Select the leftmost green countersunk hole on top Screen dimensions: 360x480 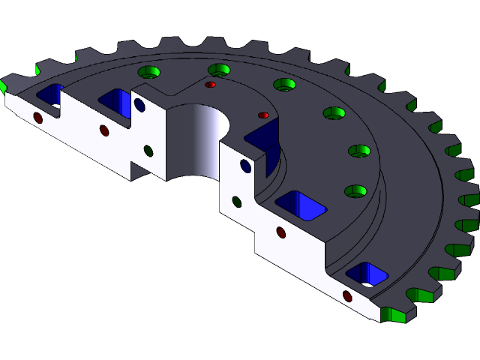click(149, 73)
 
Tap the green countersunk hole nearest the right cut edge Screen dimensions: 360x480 click(355, 191)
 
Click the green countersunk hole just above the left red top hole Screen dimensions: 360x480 click(218, 70)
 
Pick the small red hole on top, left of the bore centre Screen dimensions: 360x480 click(211, 85)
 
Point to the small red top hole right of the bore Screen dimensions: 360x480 click(263, 115)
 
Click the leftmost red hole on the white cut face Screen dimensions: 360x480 click(38, 118)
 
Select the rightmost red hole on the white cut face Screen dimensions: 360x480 click(347, 296)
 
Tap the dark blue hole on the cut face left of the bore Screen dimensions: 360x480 click(139, 105)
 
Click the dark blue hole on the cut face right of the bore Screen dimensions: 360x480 click(245, 166)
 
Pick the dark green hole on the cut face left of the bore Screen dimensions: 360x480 click(148, 151)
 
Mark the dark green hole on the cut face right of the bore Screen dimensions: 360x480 click(236, 202)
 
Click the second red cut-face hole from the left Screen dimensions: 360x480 click(104, 130)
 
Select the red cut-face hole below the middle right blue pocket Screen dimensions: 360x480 click(281, 232)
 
